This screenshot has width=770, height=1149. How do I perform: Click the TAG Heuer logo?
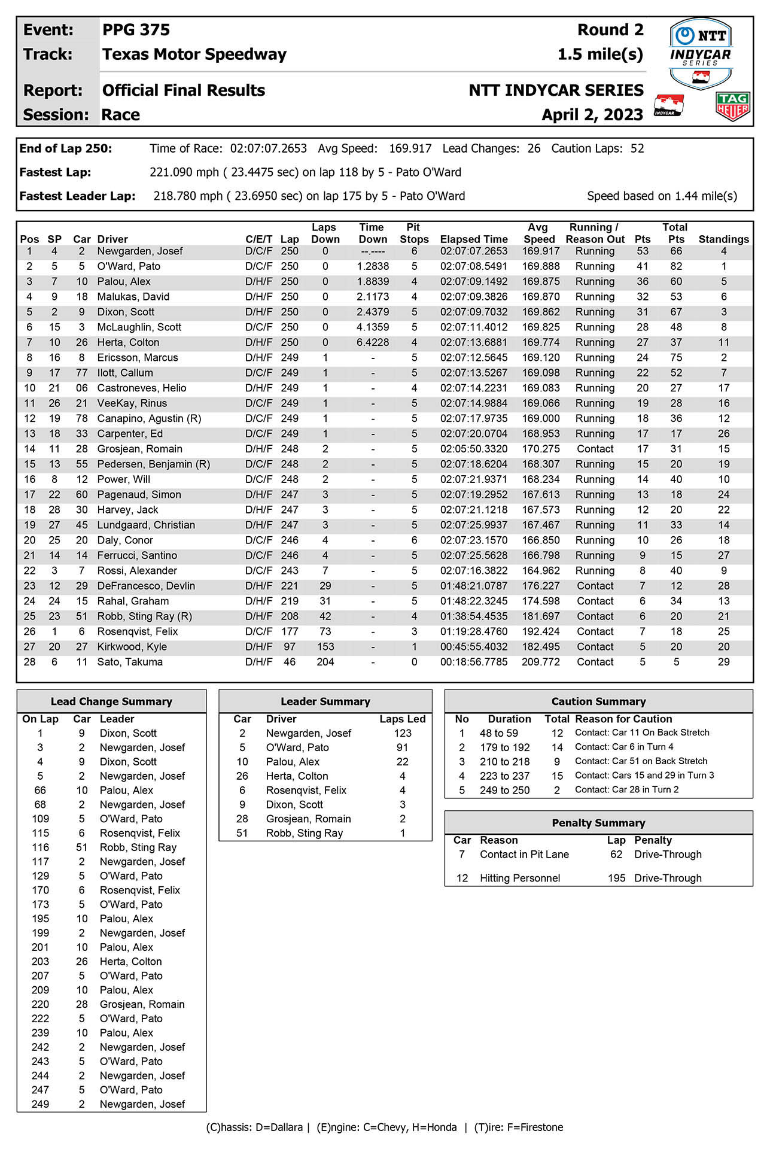(x=732, y=106)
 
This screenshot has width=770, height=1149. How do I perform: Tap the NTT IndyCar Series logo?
(x=700, y=53)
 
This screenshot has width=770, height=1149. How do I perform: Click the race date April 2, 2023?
(x=592, y=114)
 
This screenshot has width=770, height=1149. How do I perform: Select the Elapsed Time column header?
(x=473, y=239)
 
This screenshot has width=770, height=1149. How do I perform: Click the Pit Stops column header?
(x=414, y=233)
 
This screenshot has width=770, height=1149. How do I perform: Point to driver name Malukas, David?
(x=133, y=297)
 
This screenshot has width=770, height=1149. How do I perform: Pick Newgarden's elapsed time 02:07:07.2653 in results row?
(x=473, y=251)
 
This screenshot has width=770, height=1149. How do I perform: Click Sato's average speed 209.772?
(x=540, y=662)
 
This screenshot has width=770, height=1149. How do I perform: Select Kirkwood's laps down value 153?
(x=325, y=647)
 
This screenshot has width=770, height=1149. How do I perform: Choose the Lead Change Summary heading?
(x=111, y=701)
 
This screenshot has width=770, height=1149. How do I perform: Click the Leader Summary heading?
(x=325, y=701)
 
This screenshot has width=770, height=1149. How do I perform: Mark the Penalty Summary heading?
(x=598, y=823)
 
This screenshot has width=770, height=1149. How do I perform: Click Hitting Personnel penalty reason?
(x=520, y=878)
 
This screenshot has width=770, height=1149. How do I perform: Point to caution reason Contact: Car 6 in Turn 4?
(x=624, y=747)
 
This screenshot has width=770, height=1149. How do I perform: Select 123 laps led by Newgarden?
(x=402, y=733)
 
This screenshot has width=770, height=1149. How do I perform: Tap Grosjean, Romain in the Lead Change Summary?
(x=142, y=1004)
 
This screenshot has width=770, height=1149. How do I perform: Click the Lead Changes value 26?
(x=534, y=148)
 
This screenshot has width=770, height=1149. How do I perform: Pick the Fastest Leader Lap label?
(x=77, y=196)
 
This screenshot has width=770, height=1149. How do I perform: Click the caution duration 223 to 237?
(x=504, y=776)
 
